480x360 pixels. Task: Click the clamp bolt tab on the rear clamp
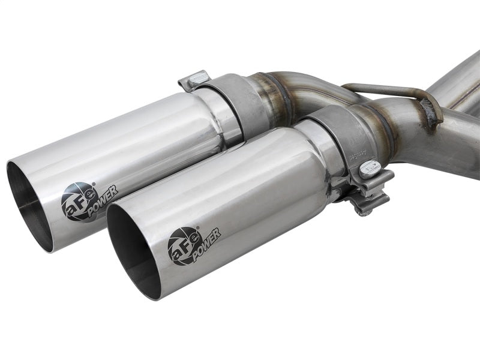click(x=194, y=80)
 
